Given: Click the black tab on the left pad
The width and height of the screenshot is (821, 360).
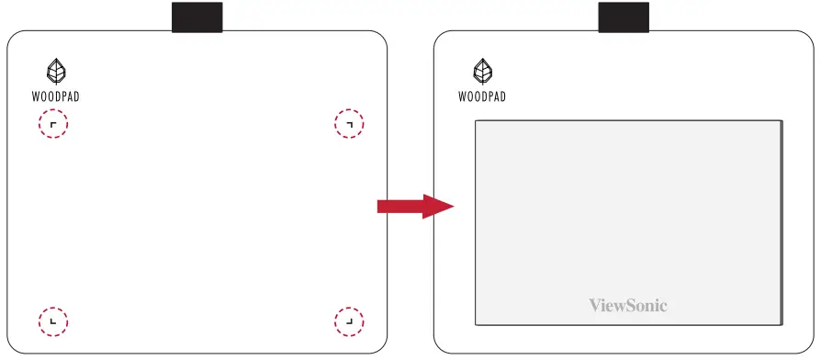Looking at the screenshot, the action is coord(197,17).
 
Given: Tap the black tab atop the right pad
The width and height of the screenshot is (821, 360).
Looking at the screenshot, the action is coord(624,17).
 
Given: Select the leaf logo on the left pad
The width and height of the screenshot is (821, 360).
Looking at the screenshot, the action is coord(55,71).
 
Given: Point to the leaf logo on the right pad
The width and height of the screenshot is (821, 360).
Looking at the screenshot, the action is coord(481,71).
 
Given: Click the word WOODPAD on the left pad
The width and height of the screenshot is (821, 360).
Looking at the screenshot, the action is coord(55,96).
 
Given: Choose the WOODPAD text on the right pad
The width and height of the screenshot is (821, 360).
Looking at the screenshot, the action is coord(481,96).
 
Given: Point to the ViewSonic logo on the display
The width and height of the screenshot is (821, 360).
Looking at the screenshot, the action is coord(627,305).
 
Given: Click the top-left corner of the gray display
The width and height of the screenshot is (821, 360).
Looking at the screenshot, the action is coord(476,120).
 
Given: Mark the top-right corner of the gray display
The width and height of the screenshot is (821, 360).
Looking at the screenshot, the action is coord(782,120).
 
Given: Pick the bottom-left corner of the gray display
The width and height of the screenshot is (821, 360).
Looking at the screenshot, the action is coord(476,323).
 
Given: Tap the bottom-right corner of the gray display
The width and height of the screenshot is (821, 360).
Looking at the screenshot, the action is coord(782,323).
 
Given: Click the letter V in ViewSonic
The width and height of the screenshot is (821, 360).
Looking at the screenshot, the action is coord(594,305).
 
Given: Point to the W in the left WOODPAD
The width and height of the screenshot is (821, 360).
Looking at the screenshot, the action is coord(35,96).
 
